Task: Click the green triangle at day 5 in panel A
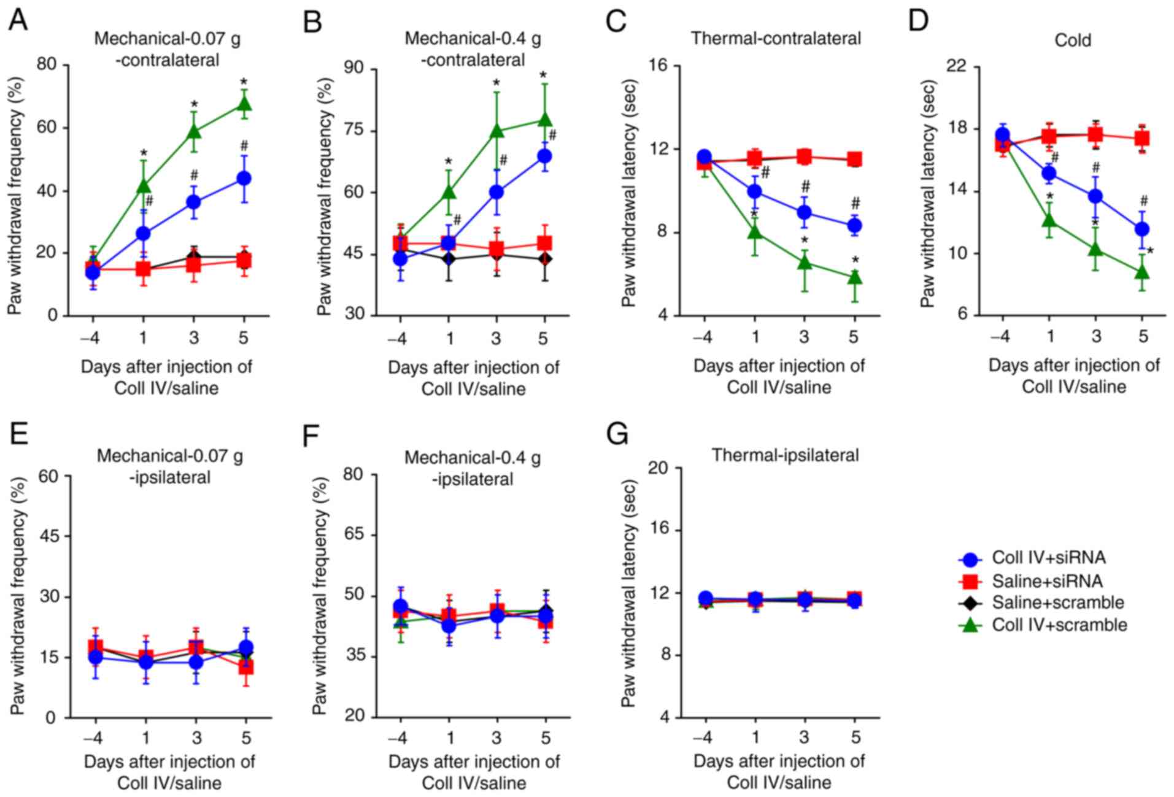244,104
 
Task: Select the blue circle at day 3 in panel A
193,201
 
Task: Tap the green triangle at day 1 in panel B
449,192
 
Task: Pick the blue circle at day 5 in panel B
544,156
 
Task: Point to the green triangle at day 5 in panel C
854,278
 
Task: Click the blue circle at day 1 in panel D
1049,173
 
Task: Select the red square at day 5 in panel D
1141,138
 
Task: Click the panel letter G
617,434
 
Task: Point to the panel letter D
919,21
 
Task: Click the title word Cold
1073,40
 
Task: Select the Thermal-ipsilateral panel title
785,455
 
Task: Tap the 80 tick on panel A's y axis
47,64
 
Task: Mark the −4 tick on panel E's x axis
93,737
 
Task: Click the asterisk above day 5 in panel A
244,82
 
